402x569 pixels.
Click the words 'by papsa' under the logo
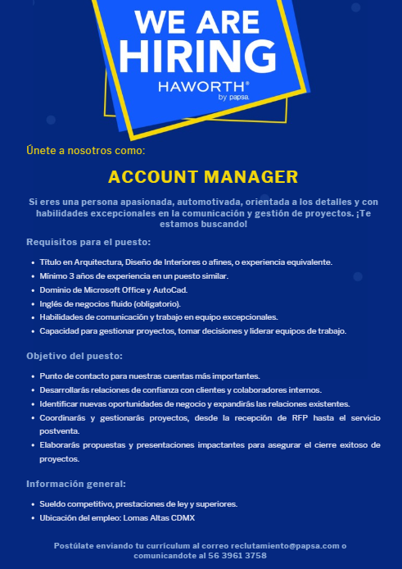pyautogui.click(x=234, y=97)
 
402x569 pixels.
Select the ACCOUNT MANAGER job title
pyautogui.click(x=202, y=177)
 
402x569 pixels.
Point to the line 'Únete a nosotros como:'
pyautogui.click(x=85, y=151)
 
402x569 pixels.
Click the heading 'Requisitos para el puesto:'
pyautogui.click(x=88, y=242)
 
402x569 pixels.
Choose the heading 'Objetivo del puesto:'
pyautogui.click(x=75, y=356)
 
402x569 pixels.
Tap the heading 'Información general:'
pyautogui.click(x=75, y=484)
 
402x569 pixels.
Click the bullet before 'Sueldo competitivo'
pyautogui.click(x=32, y=504)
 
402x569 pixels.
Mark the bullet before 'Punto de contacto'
pyautogui.click(x=32, y=376)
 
